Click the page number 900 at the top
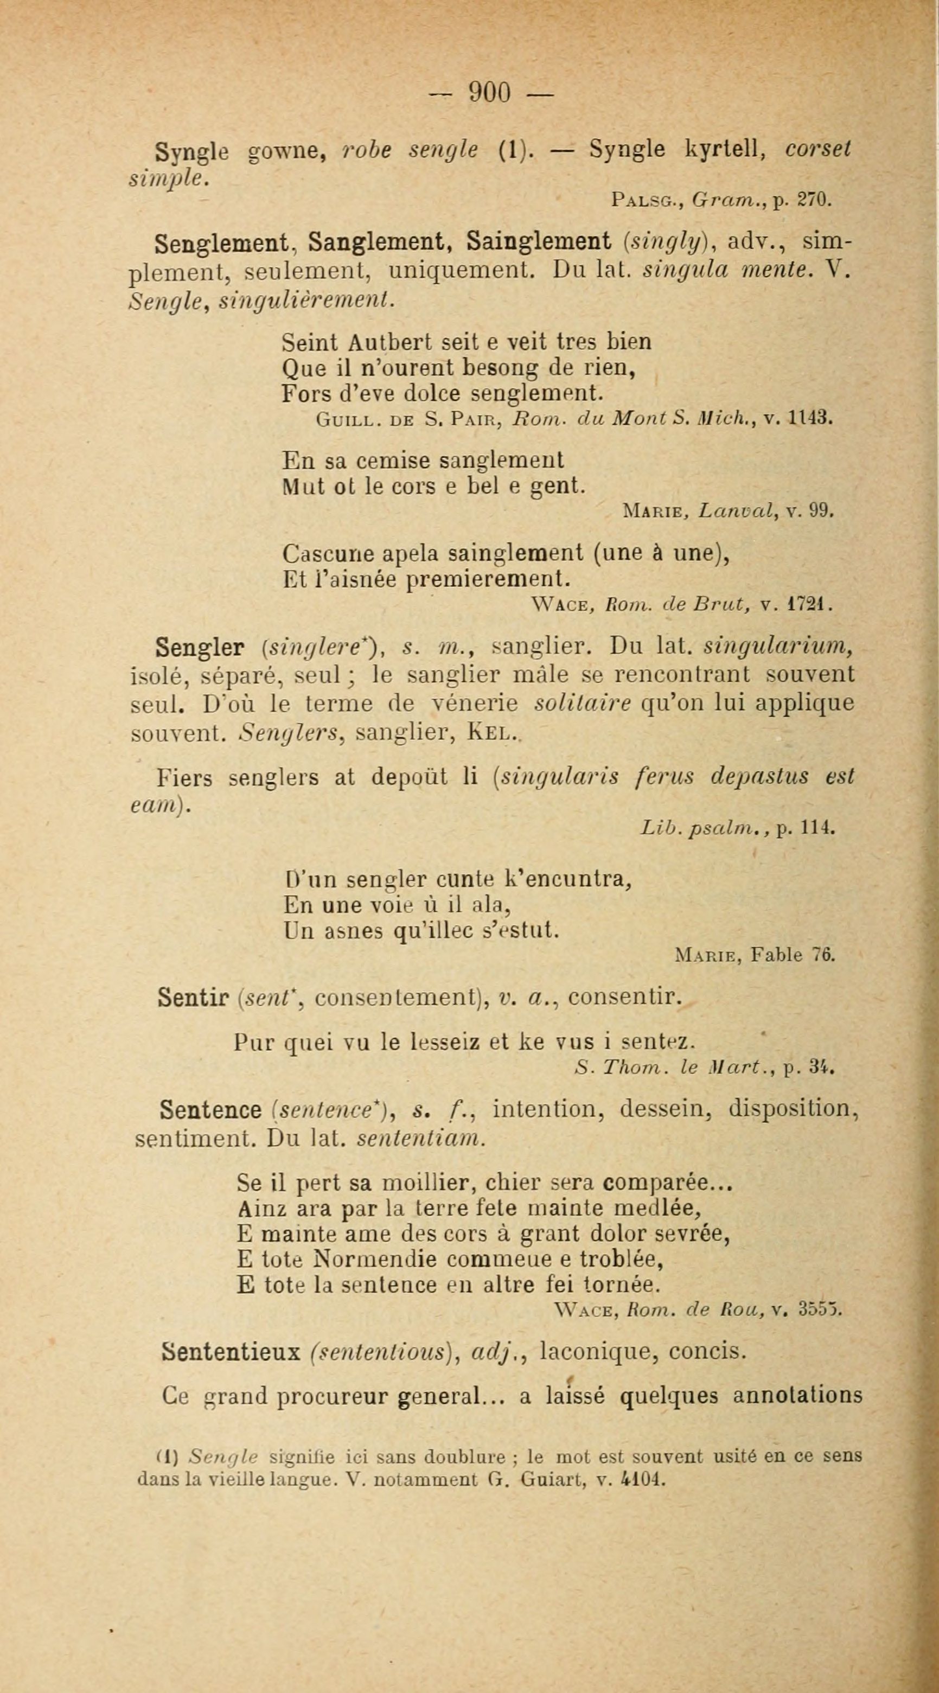pos(489,92)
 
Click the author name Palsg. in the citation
pos(649,199)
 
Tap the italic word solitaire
pos(582,703)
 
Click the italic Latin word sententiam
pos(420,1138)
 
